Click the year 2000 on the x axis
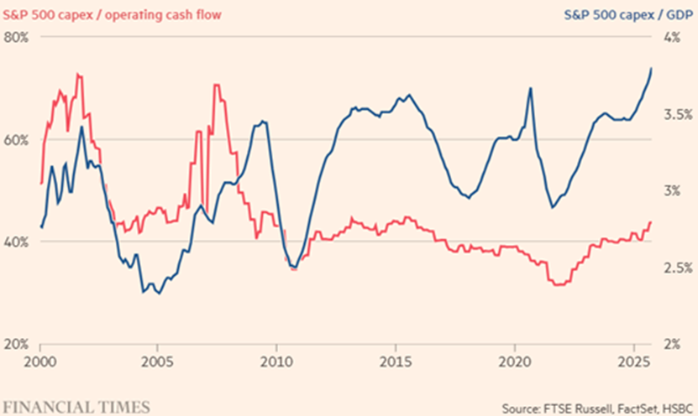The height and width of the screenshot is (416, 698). click(41, 365)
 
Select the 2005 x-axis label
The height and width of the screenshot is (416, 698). click(160, 365)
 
